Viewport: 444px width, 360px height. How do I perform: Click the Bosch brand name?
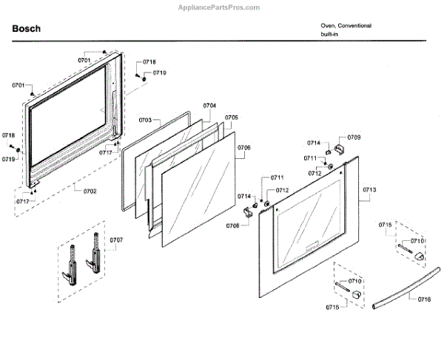click(x=27, y=30)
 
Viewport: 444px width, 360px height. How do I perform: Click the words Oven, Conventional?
click(x=346, y=26)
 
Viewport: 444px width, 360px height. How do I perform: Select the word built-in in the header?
click(x=330, y=35)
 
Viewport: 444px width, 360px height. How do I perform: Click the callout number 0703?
click(x=144, y=120)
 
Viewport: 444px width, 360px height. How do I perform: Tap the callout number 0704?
click(x=209, y=106)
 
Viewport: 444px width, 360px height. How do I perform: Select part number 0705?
click(x=232, y=118)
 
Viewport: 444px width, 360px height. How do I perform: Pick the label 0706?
click(x=243, y=148)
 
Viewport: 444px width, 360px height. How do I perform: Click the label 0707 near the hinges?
click(x=117, y=240)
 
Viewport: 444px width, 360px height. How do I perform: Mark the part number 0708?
click(x=232, y=225)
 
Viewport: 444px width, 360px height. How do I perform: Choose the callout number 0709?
click(x=354, y=138)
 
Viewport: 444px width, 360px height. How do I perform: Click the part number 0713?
click(x=370, y=190)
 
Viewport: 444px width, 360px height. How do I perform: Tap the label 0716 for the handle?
click(x=424, y=299)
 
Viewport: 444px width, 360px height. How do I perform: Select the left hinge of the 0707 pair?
click(x=72, y=262)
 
